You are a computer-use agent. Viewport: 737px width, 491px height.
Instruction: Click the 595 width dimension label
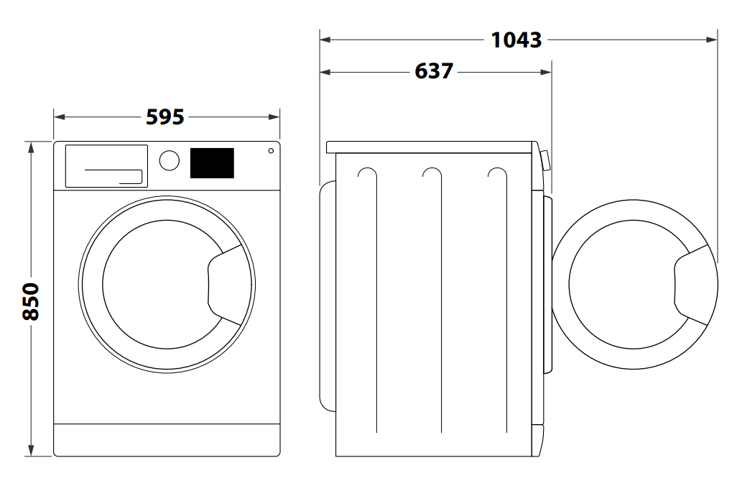165,116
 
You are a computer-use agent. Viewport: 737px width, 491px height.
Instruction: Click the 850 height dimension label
31,300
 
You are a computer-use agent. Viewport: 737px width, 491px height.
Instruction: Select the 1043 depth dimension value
516,40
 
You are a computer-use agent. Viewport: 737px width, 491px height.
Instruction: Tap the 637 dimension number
434,71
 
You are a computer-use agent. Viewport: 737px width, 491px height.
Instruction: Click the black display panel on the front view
212,163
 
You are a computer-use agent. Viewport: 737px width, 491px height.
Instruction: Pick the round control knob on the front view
170,160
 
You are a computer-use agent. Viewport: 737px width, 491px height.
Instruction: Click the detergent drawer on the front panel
106,165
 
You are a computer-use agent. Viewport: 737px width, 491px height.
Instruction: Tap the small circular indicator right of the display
271,151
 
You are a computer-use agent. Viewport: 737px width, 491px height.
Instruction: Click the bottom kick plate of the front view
167,439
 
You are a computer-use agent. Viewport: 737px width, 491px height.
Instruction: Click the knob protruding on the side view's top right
545,160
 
